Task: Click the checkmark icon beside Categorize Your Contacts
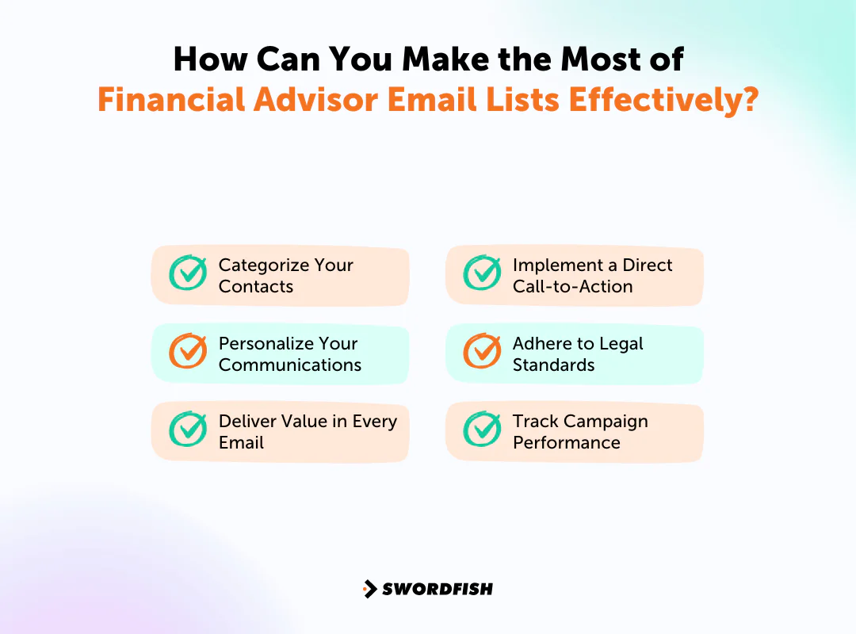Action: point(188,273)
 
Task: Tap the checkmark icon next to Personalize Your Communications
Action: point(188,351)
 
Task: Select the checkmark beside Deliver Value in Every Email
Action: point(188,429)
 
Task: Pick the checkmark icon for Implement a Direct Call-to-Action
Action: point(482,273)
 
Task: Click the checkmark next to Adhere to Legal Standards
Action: point(482,351)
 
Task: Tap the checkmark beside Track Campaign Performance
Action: point(482,429)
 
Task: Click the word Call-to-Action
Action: point(572,287)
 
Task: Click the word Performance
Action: point(566,443)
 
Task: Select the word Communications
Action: point(289,365)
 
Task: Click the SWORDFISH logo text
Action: point(438,589)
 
